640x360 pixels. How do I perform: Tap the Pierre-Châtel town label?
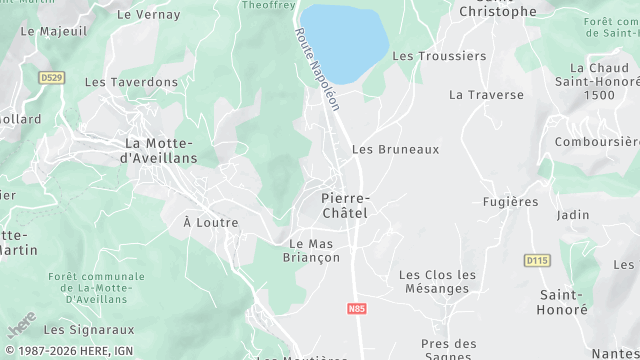click(x=345, y=205)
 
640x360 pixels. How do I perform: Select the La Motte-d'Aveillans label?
click(x=159, y=150)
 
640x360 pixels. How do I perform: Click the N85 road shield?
click(x=357, y=309)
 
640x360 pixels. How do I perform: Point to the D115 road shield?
click(x=537, y=260)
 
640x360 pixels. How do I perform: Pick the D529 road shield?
click(x=52, y=77)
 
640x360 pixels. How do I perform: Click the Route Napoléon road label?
click(x=317, y=69)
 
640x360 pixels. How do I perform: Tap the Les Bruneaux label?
click(x=395, y=149)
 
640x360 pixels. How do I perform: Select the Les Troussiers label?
click(x=438, y=56)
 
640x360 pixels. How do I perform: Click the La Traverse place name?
click(x=486, y=95)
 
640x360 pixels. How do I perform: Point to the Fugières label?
click(x=510, y=201)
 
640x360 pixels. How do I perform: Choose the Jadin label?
click(x=573, y=215)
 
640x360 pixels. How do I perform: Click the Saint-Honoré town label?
click(x=564, y=302)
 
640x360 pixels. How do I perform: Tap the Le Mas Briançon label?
click(x=314, y=250)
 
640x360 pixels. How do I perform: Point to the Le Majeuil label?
click(x=53, y=31)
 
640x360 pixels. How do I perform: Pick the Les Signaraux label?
click(x=89, y=328)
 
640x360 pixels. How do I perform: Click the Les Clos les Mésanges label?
click(x=438, y=281)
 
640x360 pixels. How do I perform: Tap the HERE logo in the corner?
click(x=21, y=325)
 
